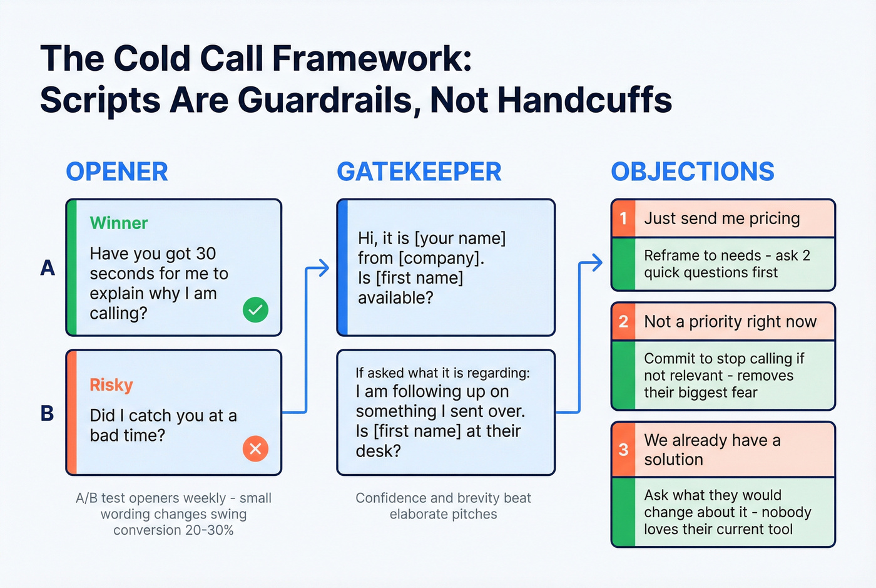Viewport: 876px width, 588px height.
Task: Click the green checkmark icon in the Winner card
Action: point(255,309)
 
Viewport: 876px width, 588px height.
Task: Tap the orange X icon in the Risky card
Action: point(255,448)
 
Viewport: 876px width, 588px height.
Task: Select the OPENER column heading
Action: point(117,172)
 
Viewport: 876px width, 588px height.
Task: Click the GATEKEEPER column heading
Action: point(419,172)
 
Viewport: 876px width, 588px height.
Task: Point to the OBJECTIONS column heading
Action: point(693,172)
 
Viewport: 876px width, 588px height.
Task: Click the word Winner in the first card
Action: point(119,223)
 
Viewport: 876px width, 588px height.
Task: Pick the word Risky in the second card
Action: point(111,384)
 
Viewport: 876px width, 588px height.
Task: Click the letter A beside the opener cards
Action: point(48,268)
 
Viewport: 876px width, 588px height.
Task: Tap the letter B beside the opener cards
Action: point(48,413)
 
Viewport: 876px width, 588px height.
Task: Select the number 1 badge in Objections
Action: point(623,219)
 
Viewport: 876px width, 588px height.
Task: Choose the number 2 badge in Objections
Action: point(623,322)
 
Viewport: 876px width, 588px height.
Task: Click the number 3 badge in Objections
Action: point(623,450)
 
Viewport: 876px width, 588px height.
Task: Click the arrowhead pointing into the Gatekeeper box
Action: point(323,268)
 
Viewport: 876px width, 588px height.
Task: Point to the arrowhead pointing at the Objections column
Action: point(596,263)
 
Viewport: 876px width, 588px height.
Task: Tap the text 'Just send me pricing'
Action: point(722,219)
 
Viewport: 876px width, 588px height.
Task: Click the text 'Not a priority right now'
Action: point(730,322)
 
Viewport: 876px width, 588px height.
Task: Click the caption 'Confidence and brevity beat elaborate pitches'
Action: point(443,506)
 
